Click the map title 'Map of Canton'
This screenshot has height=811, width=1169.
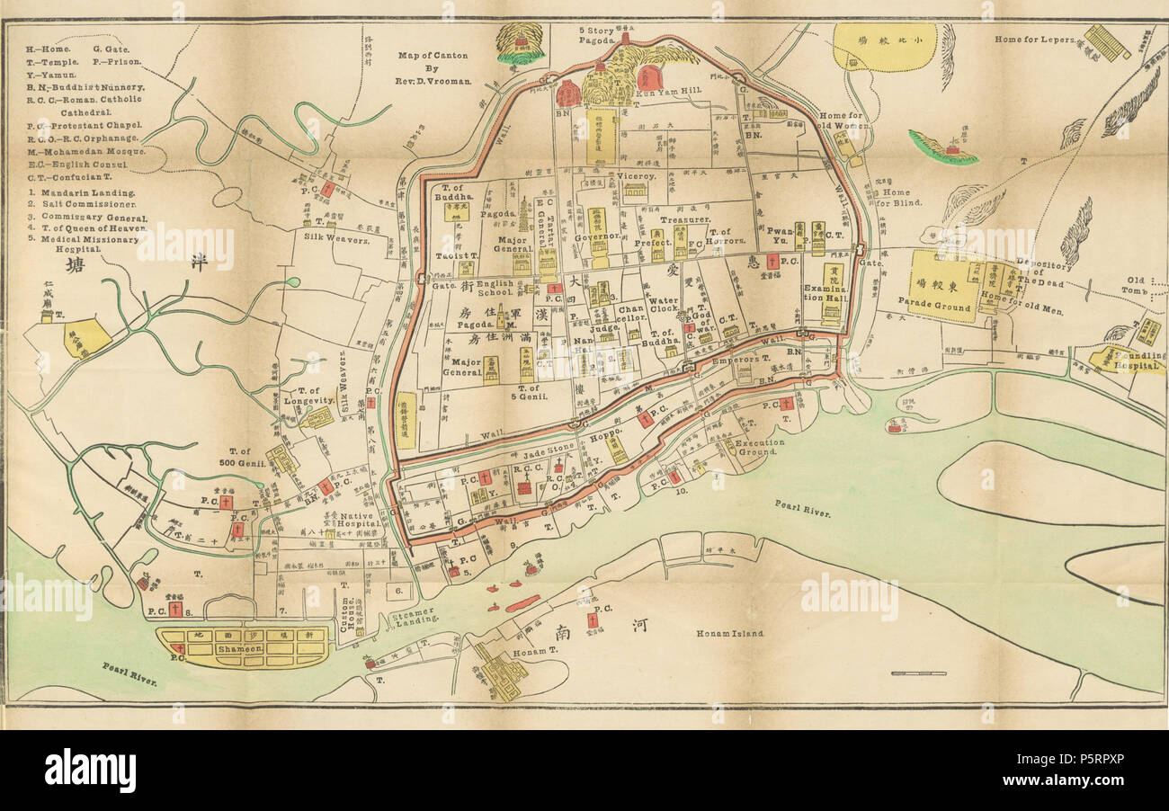coord(433,56)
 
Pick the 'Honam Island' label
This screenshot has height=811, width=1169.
coord(729,633)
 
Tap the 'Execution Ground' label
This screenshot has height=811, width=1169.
coord(760,447)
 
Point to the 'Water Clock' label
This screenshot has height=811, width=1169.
coord(664,307)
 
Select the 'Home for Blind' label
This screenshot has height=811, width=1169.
coord(891,198)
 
